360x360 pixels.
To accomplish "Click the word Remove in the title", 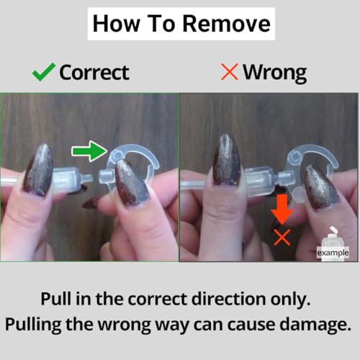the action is [227, 24].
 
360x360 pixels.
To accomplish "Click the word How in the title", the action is [116, 24].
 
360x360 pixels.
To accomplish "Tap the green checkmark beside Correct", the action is [44, 72].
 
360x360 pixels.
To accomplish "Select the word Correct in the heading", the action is [94, 73].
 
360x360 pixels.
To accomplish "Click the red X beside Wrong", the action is [230, 72].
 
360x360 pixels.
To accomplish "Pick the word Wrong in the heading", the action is [275, 73].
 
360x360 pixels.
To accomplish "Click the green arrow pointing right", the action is [89, 151].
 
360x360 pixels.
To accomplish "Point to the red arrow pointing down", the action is [282, 209].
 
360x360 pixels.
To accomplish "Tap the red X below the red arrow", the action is [282, 237].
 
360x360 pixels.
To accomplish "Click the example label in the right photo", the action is [333, 253].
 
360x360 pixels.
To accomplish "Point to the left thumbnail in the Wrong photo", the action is [226, 160].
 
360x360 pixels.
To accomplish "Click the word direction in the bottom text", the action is [229, 299].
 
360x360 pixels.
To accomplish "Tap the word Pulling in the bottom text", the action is [33, 325].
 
